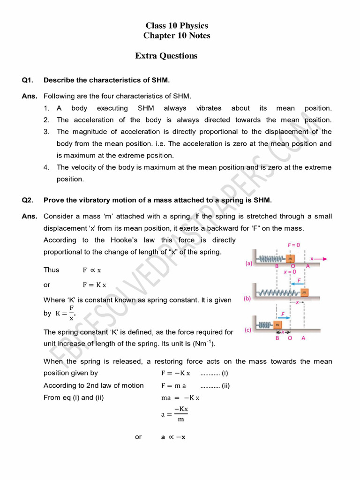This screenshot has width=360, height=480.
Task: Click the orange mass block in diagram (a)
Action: [290, 258]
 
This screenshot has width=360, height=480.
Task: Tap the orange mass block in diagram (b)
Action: [304, 293]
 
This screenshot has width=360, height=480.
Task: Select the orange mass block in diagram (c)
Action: [277, 325]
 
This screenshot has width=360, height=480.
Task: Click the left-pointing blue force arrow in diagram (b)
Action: [296, 284]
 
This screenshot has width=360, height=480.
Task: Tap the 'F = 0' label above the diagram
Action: [294, 244]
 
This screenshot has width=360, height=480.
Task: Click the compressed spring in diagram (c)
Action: [265, 325]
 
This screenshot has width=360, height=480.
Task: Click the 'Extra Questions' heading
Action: [166, 56]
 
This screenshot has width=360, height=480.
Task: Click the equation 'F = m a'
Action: [173, 386]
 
